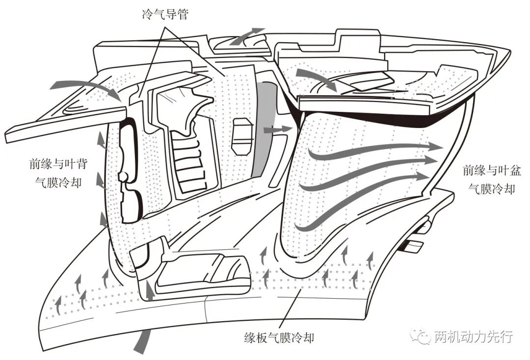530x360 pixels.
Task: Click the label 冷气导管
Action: click(x=165, y=14)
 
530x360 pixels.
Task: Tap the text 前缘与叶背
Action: click(x=58, y=164)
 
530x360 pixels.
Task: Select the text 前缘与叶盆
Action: click(x=492, y=170)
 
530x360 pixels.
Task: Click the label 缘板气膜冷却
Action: click(x=279, y=337)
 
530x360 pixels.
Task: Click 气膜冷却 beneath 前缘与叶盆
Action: click(x=492, y=189)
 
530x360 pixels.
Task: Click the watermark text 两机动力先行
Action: click(x=474, y=336)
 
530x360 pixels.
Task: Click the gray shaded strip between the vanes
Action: click(x=265, y=129)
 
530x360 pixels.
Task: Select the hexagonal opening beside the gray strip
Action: click(x=242, y=136)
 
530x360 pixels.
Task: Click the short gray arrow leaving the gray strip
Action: click(x=277, y=129)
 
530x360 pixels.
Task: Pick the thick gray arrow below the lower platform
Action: click(x=142, y=341)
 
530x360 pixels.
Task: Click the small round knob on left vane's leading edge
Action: click(x=123, y=176)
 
